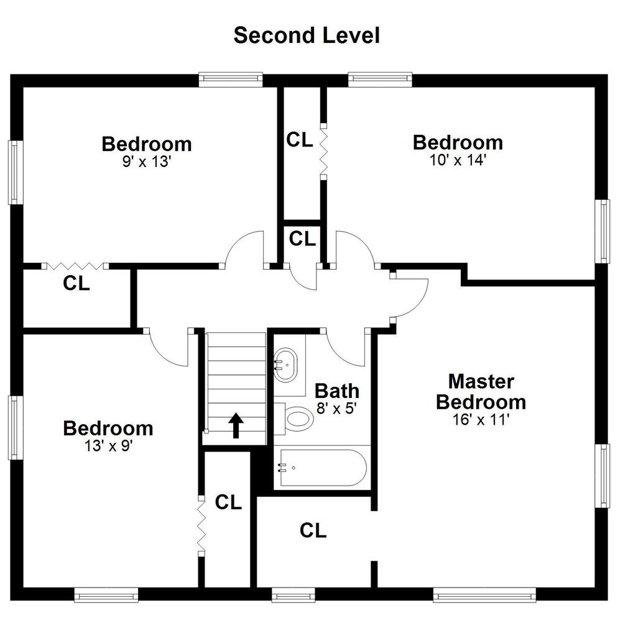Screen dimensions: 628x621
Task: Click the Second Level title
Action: pos(307,35)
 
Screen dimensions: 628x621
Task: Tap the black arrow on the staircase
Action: pos(236,425)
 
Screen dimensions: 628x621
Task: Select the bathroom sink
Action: pos(285,365)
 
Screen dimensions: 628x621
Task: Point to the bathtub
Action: pos(323,468)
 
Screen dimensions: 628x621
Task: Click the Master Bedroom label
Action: pos(481,392)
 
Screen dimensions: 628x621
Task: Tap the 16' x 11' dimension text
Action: pos(481,420)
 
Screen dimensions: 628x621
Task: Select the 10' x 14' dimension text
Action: pos(458,160)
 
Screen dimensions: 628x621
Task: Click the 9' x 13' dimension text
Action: pos(147,161)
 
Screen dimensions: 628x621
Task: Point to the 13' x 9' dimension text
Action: pos(108,446)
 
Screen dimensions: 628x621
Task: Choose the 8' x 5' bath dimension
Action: pos(336,409)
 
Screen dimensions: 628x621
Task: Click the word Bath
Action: pos(337,391)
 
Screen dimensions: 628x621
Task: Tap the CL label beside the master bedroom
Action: pos(313,530)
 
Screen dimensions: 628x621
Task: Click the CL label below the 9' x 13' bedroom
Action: pos(76,283)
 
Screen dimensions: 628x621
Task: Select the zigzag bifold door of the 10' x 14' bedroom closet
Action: pos(323,152)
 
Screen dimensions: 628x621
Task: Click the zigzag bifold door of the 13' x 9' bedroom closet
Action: pos(201,526)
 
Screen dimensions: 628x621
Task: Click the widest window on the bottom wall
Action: pos(484,594)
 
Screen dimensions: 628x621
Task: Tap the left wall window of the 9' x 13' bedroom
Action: pos(15,173)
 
